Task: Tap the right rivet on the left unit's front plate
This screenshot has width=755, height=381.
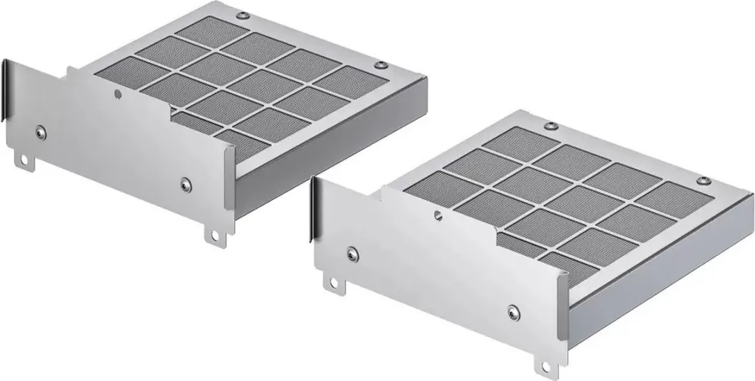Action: pyautogui.click(x=185, y=184)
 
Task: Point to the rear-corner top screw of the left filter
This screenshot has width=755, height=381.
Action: pyautogui.click(x=242, y=14)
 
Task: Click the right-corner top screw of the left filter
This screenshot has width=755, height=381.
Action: pyautogui.click(x=382, y=65)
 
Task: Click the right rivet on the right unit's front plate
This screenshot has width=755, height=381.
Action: pyautogui.click(x=515, y=311)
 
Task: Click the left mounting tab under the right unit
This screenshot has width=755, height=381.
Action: pyautogui.click(x=331, y=282)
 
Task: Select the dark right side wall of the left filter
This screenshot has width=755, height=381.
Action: pyautogui.click(x=329, y=140)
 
